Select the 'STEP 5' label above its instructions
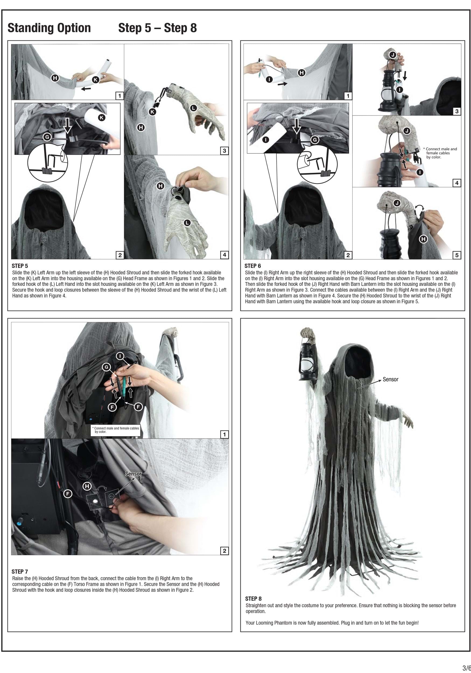[20, 266]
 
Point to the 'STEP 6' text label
[253, 266]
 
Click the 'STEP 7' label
[20, 571]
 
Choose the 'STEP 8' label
[253, 598]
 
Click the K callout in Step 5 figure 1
[96, 79]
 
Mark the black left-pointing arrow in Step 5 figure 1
[86, 88]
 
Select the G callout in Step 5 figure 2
[47, 136]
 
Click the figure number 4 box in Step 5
[224, 255]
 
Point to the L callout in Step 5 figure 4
[187, 223]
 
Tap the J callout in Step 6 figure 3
[393, 55]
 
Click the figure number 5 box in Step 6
[457, 255]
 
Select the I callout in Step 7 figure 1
[120, 356]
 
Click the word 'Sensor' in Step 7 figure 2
[133, 474]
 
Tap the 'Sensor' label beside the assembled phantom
[391, 379]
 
